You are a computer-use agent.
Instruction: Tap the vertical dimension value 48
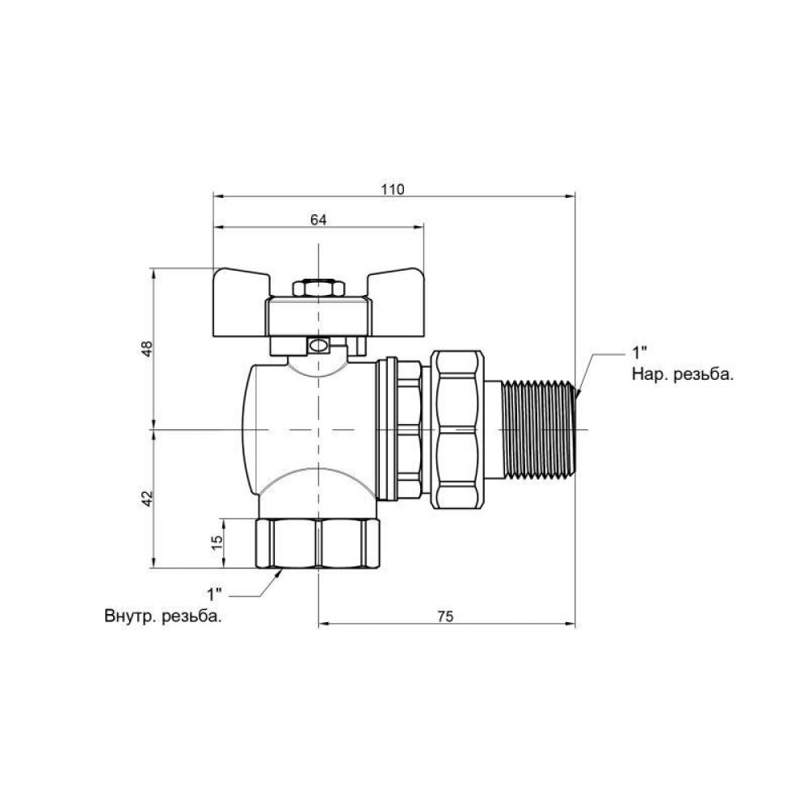coord(145,348)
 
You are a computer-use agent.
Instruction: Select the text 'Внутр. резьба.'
coord(163,617)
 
